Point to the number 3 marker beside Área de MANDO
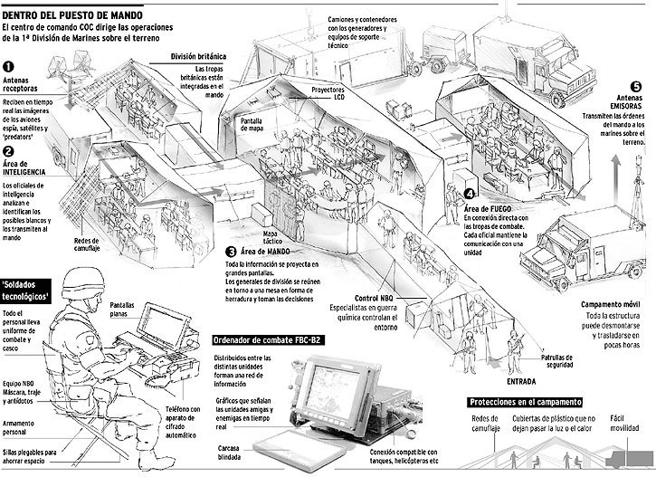point(232,252)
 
